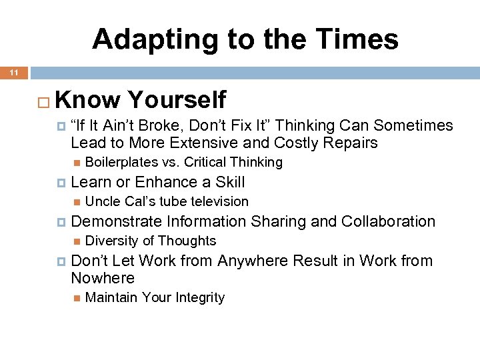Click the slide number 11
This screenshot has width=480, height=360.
tap(13, 72)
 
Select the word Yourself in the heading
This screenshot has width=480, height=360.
tap(177, 100)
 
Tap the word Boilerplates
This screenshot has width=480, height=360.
tap(122, 162)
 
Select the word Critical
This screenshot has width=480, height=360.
tap(207, 162)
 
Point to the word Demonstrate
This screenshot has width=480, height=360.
tap(117, 221)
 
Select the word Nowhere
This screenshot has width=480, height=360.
tap(103, 278)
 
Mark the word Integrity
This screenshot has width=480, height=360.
tap(199, 297)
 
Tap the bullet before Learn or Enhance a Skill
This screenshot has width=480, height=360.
tap(61, 183)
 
